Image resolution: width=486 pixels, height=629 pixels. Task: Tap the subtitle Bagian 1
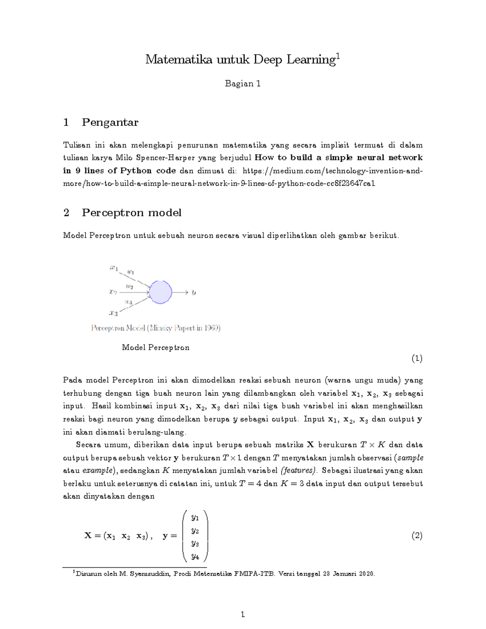[243, 84]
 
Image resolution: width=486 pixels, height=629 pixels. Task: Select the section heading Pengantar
[110, 122]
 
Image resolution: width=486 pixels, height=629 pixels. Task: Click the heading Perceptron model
[131, 213]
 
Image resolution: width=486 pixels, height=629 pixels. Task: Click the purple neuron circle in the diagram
[161, 292]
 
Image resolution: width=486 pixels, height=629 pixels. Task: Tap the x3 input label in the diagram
[113, 313]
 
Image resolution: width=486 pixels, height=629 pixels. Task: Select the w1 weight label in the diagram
[130, 272]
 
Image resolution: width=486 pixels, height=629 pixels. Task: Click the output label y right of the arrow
[194, 292]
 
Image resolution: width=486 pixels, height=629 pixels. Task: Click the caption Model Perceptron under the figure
[156, 348]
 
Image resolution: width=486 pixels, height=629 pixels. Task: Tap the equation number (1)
[417, 358]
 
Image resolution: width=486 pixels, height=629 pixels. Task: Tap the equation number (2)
[417, 536]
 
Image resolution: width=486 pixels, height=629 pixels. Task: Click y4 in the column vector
[195, 557]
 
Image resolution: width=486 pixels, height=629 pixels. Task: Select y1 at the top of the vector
[195, 518]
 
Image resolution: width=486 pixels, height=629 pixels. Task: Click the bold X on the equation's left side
[88, 535]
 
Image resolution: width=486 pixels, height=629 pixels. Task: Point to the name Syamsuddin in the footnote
[151, 574]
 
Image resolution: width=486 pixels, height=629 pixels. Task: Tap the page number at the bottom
[243, 614]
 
